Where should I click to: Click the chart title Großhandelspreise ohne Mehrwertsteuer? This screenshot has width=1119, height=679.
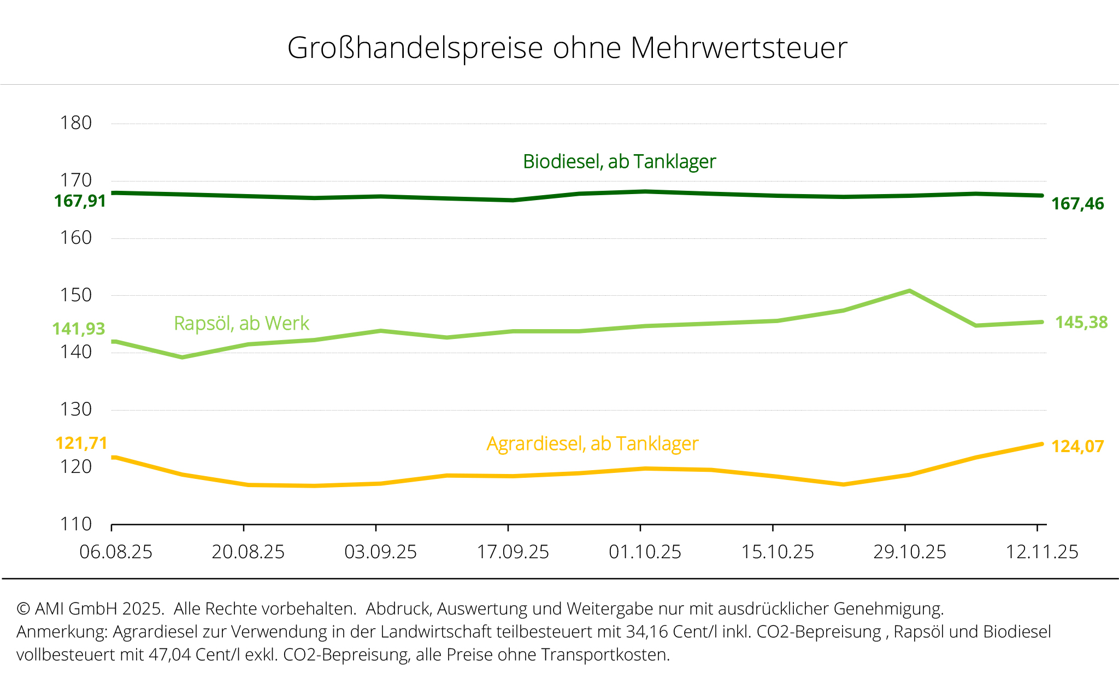[x=567, y=48]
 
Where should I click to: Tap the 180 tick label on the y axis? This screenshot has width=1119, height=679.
[x=75, y=123]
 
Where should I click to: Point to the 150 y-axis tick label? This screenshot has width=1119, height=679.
[x=75, y=295]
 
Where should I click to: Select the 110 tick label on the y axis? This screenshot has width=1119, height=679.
[x=75, y=524]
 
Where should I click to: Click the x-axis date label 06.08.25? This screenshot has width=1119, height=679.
[x=116, y=552]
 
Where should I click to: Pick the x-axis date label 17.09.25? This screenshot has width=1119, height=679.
[x=513, y=552]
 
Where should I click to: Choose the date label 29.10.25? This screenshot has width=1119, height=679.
[x=909, y=552]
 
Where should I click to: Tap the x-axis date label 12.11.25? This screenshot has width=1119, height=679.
[x=1042, y=552]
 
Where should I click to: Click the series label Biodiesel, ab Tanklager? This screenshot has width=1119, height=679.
[x=619, y=162]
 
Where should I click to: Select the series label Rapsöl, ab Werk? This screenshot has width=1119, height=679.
[x=242, y=324]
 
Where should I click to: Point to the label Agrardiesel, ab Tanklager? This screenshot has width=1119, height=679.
[x=592, y=444]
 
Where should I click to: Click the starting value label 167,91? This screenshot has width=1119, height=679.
[x=80, y=201]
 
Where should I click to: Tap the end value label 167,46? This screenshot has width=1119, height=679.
[x=1077, y=204]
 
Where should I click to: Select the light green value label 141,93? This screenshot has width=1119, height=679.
[x=79, y=329]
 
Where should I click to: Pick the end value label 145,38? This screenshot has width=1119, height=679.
[x=1081, y=323]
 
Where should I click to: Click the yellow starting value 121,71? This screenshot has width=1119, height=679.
[x=81, y=443]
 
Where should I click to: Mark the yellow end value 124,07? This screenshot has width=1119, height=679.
[x=1077, y=447]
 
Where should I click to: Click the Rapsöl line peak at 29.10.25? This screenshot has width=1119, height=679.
[x=909, y=291]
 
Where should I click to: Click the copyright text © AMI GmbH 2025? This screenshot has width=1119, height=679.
[x=90, y=608]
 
